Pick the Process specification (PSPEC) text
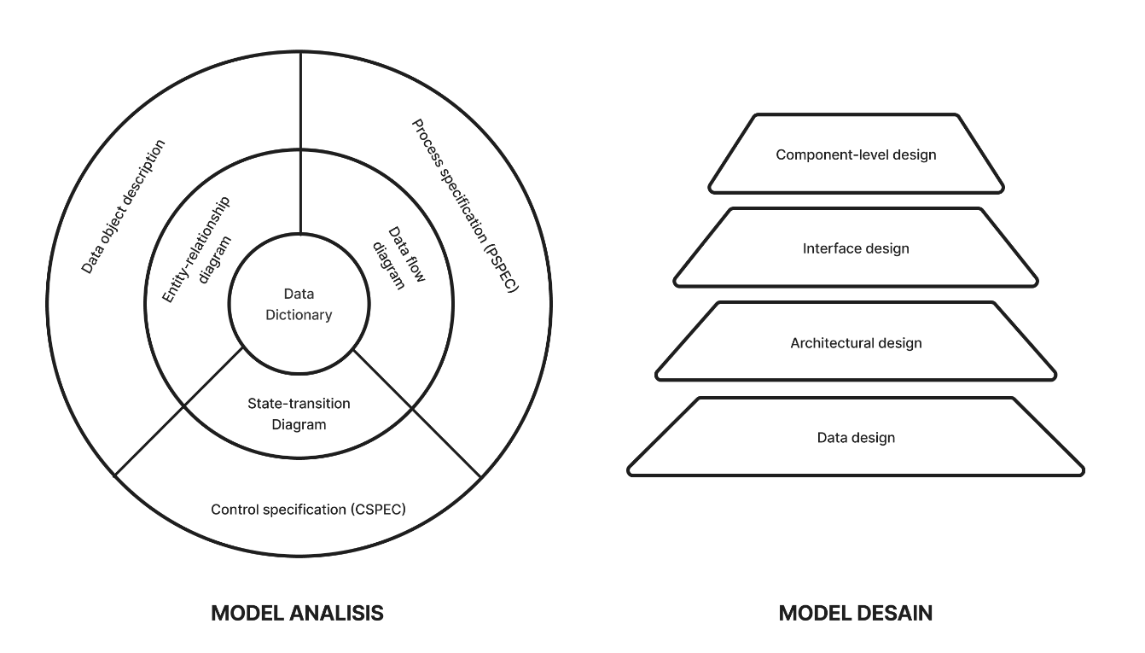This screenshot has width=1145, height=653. pos(465,207)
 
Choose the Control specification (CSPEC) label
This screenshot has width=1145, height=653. pos(308,510)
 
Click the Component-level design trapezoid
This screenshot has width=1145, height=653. pos(856,155)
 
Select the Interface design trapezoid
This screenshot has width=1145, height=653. pos(856,249)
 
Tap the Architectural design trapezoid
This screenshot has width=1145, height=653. pos(856,343)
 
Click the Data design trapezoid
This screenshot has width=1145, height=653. pos(856,438)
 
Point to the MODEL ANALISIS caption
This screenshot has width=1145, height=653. pos(296,613)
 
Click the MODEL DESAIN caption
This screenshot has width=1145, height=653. pos(855,613)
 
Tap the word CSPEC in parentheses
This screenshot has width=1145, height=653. pos(378,510)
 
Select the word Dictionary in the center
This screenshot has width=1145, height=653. pos(298,315)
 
